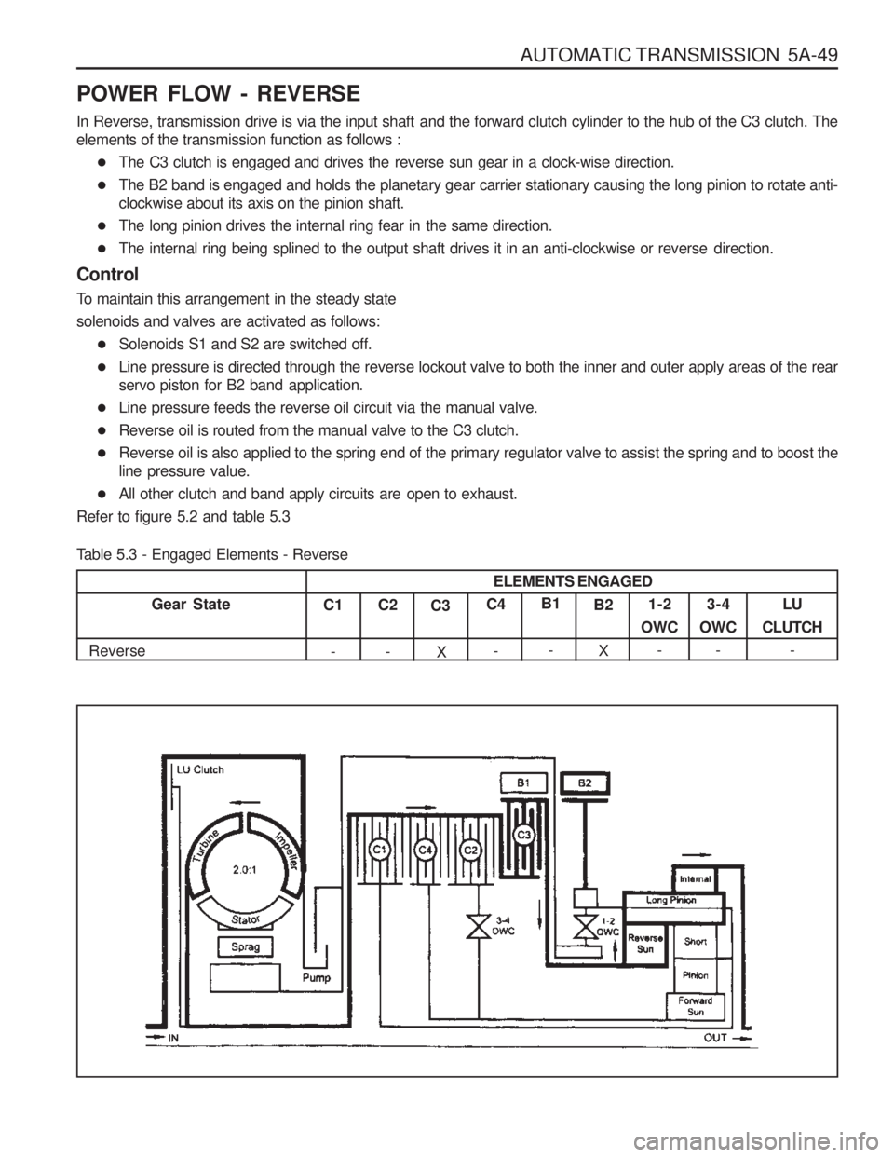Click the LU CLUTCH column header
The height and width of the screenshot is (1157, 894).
(791, 616)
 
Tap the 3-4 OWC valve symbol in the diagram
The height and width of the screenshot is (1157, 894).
(480, 928)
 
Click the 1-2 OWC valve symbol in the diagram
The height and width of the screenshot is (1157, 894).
(586, 927)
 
